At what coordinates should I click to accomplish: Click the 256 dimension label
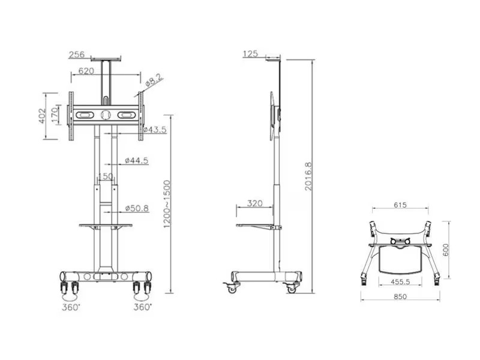click(76, 55)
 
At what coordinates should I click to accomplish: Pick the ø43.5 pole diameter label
click(156, 130)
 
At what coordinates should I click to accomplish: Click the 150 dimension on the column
click(106, 176)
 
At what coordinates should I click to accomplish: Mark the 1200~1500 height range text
click(166, 204)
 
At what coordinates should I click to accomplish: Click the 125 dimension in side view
click(250, 54)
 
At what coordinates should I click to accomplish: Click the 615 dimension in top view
click(400, 205)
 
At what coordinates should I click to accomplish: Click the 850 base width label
click(400, 296)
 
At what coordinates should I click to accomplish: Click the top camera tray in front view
click(106, 59)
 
